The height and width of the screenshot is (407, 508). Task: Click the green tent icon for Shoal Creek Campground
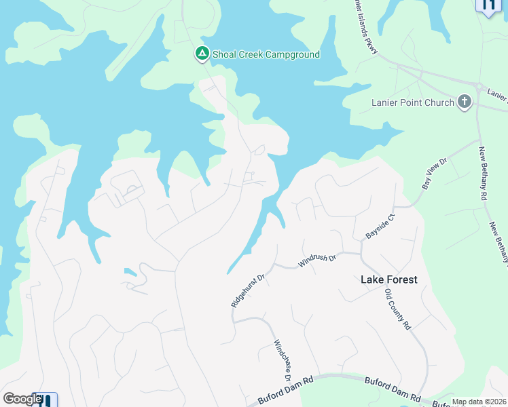tap(202, 54)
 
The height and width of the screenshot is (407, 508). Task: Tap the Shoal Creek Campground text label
tap(266, 54)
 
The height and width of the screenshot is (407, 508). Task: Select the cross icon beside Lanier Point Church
tap(465, 102)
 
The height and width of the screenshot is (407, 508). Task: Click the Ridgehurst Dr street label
tap(247, 290)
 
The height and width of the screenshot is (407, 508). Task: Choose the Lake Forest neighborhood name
tap(388, 279)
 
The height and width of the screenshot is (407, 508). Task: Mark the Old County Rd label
tap(398, 309)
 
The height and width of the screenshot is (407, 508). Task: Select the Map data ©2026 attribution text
tap(479, 402)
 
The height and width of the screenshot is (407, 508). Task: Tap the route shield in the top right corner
tap(488, 5)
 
